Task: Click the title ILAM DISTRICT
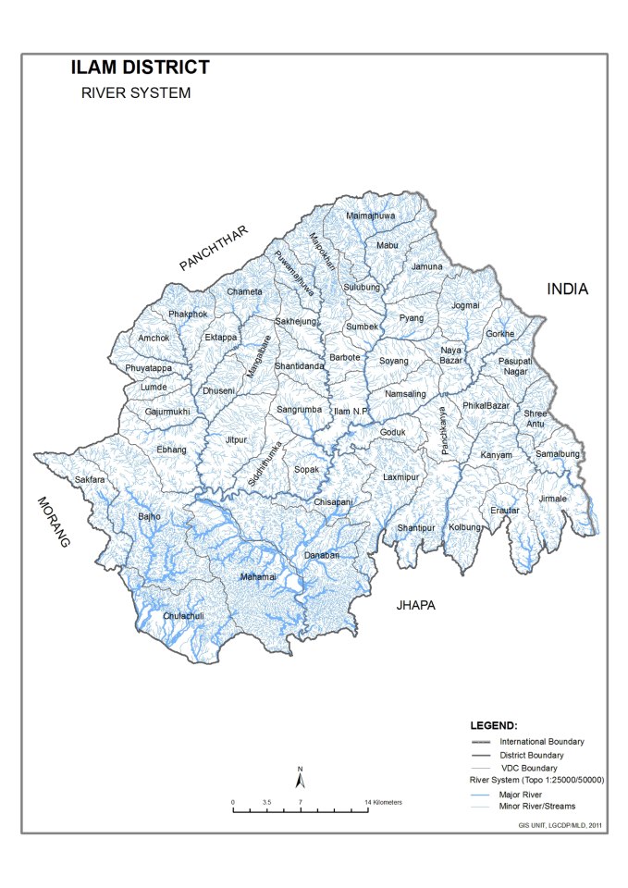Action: click(141, 68)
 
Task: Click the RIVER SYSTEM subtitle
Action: click(136, 93)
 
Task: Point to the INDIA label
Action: click(567, 289)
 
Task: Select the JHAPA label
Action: click(414, 606)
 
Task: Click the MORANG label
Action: click(52, 523)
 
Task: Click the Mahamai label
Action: click(258, 577)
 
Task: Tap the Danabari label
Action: click(323, 554)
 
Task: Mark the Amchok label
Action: click(154, 338)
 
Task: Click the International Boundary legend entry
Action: click(541, 742)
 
